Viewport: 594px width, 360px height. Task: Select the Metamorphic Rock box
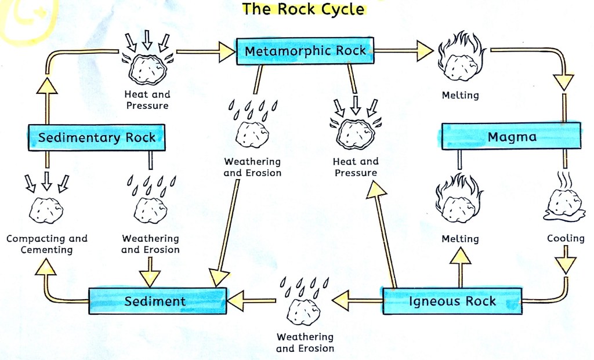click(305, 51)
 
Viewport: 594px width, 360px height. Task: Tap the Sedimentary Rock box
click(97, 138)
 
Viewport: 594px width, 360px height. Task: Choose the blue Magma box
click(511, 137)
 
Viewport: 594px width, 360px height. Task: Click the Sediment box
click(156, 301)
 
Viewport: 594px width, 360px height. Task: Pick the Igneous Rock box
click(452, 301)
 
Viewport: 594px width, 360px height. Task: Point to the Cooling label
click(566, 239)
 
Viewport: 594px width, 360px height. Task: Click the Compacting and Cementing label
click(47, 244)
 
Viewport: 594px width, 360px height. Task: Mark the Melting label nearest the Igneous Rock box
click(460, 239)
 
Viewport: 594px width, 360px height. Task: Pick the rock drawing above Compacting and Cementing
click(46, 209)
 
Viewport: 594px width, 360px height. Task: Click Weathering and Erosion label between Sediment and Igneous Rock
click(305, 342)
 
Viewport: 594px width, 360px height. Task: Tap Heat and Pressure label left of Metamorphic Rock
click(147, 100)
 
